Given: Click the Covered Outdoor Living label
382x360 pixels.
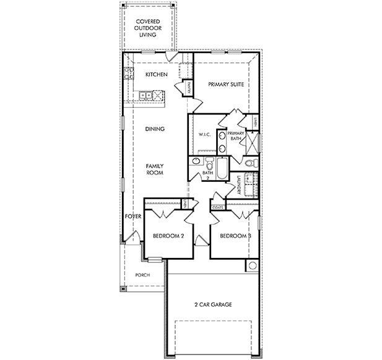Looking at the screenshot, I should pyautogui.click(x=147, y=27).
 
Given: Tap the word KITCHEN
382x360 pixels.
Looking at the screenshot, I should pyautogui.click(x=156, y=74).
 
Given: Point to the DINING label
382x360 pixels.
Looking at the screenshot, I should pyautogui.click(x=154, y=129).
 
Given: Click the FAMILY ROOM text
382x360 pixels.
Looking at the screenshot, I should pyautogui.click(x=154, y=169).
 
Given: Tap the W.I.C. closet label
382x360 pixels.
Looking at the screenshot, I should pyautogui.click(x=205, y=134).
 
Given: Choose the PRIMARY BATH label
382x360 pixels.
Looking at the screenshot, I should pyautogui.click(x=236, y=136).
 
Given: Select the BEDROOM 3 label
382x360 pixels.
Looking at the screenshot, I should pyautogui.click(x=235, y=236).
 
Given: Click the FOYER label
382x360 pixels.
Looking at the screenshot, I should pyautogui.click(x=133, y=216).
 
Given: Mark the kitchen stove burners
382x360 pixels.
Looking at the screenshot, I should pyautogui.click(x=129, y=74).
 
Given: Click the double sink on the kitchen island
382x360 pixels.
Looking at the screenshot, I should pyautogui.click(x=146, y=95).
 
